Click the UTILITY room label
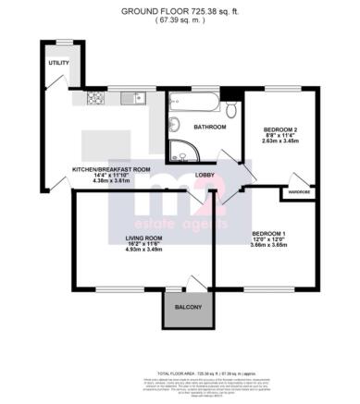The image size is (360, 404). pyautogui.click(x=59, y=63)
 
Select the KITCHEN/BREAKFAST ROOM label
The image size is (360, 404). pyautogui.click(x=111, y=168)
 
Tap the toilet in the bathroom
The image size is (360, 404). pyautogui.click(x=231, y=111)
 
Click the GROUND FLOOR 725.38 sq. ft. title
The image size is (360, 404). pyautogui.click(x=180, y=10)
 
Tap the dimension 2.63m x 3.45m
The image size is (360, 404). pyautogui.click(x=279, y=141)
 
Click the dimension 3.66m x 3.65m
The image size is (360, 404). pyautogui.click(x=269, y=245)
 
